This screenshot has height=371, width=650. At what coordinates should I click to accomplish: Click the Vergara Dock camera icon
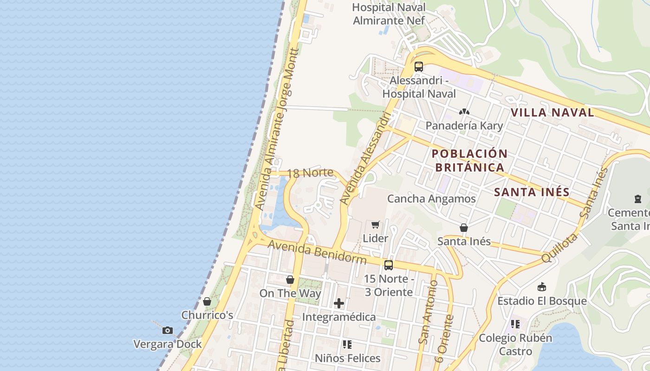pos(167,330)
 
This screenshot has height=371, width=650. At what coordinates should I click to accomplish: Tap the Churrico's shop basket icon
pos(207,302)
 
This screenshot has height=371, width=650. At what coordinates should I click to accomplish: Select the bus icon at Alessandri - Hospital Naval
pos(419,66)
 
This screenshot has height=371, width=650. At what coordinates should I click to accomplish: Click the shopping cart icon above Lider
pos(376,225)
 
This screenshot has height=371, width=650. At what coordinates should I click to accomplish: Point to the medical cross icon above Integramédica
pos(339,304)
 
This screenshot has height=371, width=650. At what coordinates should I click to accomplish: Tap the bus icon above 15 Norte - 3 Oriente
pos(389,265)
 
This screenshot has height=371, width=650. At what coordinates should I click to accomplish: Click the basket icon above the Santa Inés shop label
pos(463,228)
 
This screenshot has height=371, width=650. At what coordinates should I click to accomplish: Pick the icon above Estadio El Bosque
pos(541,287)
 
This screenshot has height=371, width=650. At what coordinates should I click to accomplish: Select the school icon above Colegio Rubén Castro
pos(515,324)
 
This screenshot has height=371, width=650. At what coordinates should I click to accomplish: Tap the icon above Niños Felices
pos(347,345)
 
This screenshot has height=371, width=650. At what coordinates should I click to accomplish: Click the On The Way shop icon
pos(290,280)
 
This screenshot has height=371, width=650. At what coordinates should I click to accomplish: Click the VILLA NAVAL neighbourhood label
pos(552,112)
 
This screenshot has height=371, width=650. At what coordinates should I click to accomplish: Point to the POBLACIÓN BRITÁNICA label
pos(469,160)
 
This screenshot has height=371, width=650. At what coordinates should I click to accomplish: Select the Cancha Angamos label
pos(431,199)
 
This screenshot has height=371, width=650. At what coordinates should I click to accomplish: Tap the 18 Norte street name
pos(310,173)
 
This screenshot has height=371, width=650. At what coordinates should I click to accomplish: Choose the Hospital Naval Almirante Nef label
pos(389,14)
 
